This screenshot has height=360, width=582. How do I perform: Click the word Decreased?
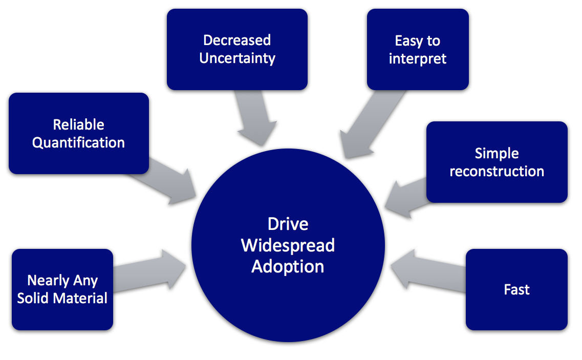237,40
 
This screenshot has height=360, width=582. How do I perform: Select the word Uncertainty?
237,58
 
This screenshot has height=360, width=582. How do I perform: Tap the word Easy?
407,41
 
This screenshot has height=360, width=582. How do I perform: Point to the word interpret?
418,59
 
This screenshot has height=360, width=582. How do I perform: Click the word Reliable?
79,124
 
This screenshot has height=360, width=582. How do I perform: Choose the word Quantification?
78,143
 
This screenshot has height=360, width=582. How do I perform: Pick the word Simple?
497,154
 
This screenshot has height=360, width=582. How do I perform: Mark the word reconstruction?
497,171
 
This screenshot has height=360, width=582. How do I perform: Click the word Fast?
516,289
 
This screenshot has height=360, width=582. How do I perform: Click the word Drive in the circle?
288,224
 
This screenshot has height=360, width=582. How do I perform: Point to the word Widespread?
288,246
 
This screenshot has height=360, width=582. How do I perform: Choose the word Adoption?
288,267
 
